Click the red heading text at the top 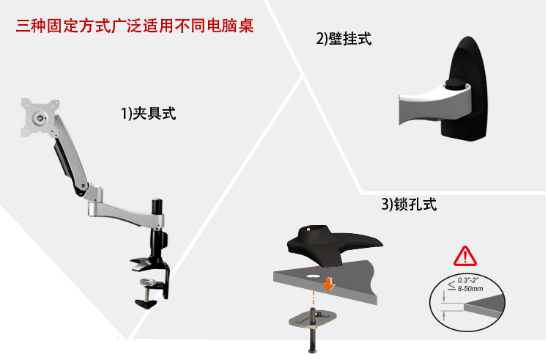[x=135, y=26]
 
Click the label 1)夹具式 [x=148, y=114]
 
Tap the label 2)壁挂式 [x=344, y=38]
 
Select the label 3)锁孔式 [x=409, y=204]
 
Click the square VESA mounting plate [x=40, y=118]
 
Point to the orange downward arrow [x=327, y=284]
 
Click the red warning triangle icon [x=465, y=257]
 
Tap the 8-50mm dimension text [x=470, y=289]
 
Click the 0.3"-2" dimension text [x=468, y=280]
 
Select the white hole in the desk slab [x=314, y=276]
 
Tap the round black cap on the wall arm [x=456, y=84]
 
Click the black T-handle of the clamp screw [x=146, y=304]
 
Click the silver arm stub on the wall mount [x=434, y=105]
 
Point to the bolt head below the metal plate [x=312, y=349]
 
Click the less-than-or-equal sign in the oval [x=451, y=285]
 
